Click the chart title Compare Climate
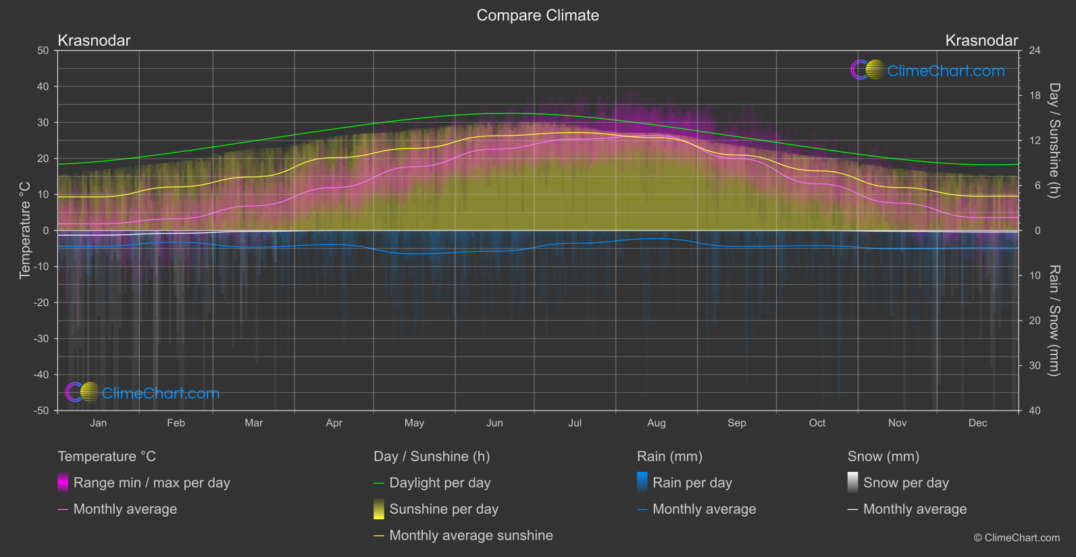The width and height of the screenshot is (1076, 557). (538, 16)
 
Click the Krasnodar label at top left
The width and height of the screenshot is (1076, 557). (94, 41)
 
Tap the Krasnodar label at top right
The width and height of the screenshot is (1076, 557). (981, 41)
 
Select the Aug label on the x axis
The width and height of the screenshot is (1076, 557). (656, 423)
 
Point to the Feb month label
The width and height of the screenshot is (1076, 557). (176, 423)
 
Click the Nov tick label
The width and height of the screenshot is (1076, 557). (897, 423)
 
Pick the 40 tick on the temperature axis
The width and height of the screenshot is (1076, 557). (43, 86)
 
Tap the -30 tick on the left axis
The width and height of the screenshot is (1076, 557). (41, 339)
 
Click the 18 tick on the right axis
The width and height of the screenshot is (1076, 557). (1034, 96)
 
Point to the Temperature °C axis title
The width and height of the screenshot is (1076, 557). (25, 230)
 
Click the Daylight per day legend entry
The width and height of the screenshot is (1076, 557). (440, 483)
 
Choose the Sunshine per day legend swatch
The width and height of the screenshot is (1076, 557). (379, 509)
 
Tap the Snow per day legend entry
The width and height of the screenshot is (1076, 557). (905, 483)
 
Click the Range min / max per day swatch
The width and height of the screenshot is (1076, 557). (63, 483)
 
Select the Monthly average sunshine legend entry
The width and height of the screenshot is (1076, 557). (471, 535)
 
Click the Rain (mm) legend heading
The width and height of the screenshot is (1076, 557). (669, 456)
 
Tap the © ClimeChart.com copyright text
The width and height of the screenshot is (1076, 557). (1017, 538)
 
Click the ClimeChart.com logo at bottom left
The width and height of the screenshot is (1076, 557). (143, 393)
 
